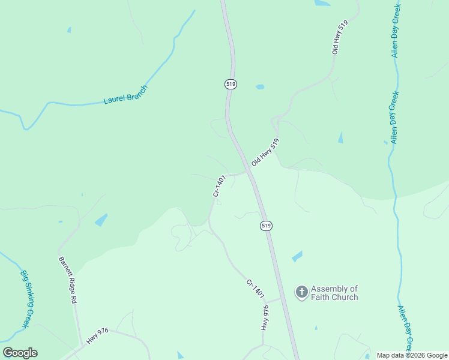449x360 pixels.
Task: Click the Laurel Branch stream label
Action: [x=125, y=95]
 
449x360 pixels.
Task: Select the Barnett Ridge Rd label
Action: [x=68, y=280]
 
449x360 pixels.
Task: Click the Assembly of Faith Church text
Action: [x=334, y=293]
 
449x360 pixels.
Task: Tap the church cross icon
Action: [x=301, y=292]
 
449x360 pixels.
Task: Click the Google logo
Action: [x=20, y=353]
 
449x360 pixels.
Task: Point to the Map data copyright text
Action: [x=412, y=355]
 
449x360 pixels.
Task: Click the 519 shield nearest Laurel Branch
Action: [x=231, y=84]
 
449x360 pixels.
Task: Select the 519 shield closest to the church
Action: [x=266, y=226]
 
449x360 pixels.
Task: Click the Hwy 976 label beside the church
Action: [x=265, y=317]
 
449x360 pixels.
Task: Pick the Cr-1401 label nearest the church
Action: [x=255, y=289]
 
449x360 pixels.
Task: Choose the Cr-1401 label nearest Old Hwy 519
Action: [x=219, y=185]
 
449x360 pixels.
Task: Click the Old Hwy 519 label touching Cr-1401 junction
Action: [x=265, y=152]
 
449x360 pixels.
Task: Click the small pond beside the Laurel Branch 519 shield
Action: [x=260, y=87]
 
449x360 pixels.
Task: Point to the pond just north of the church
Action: [x=297, y=257]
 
